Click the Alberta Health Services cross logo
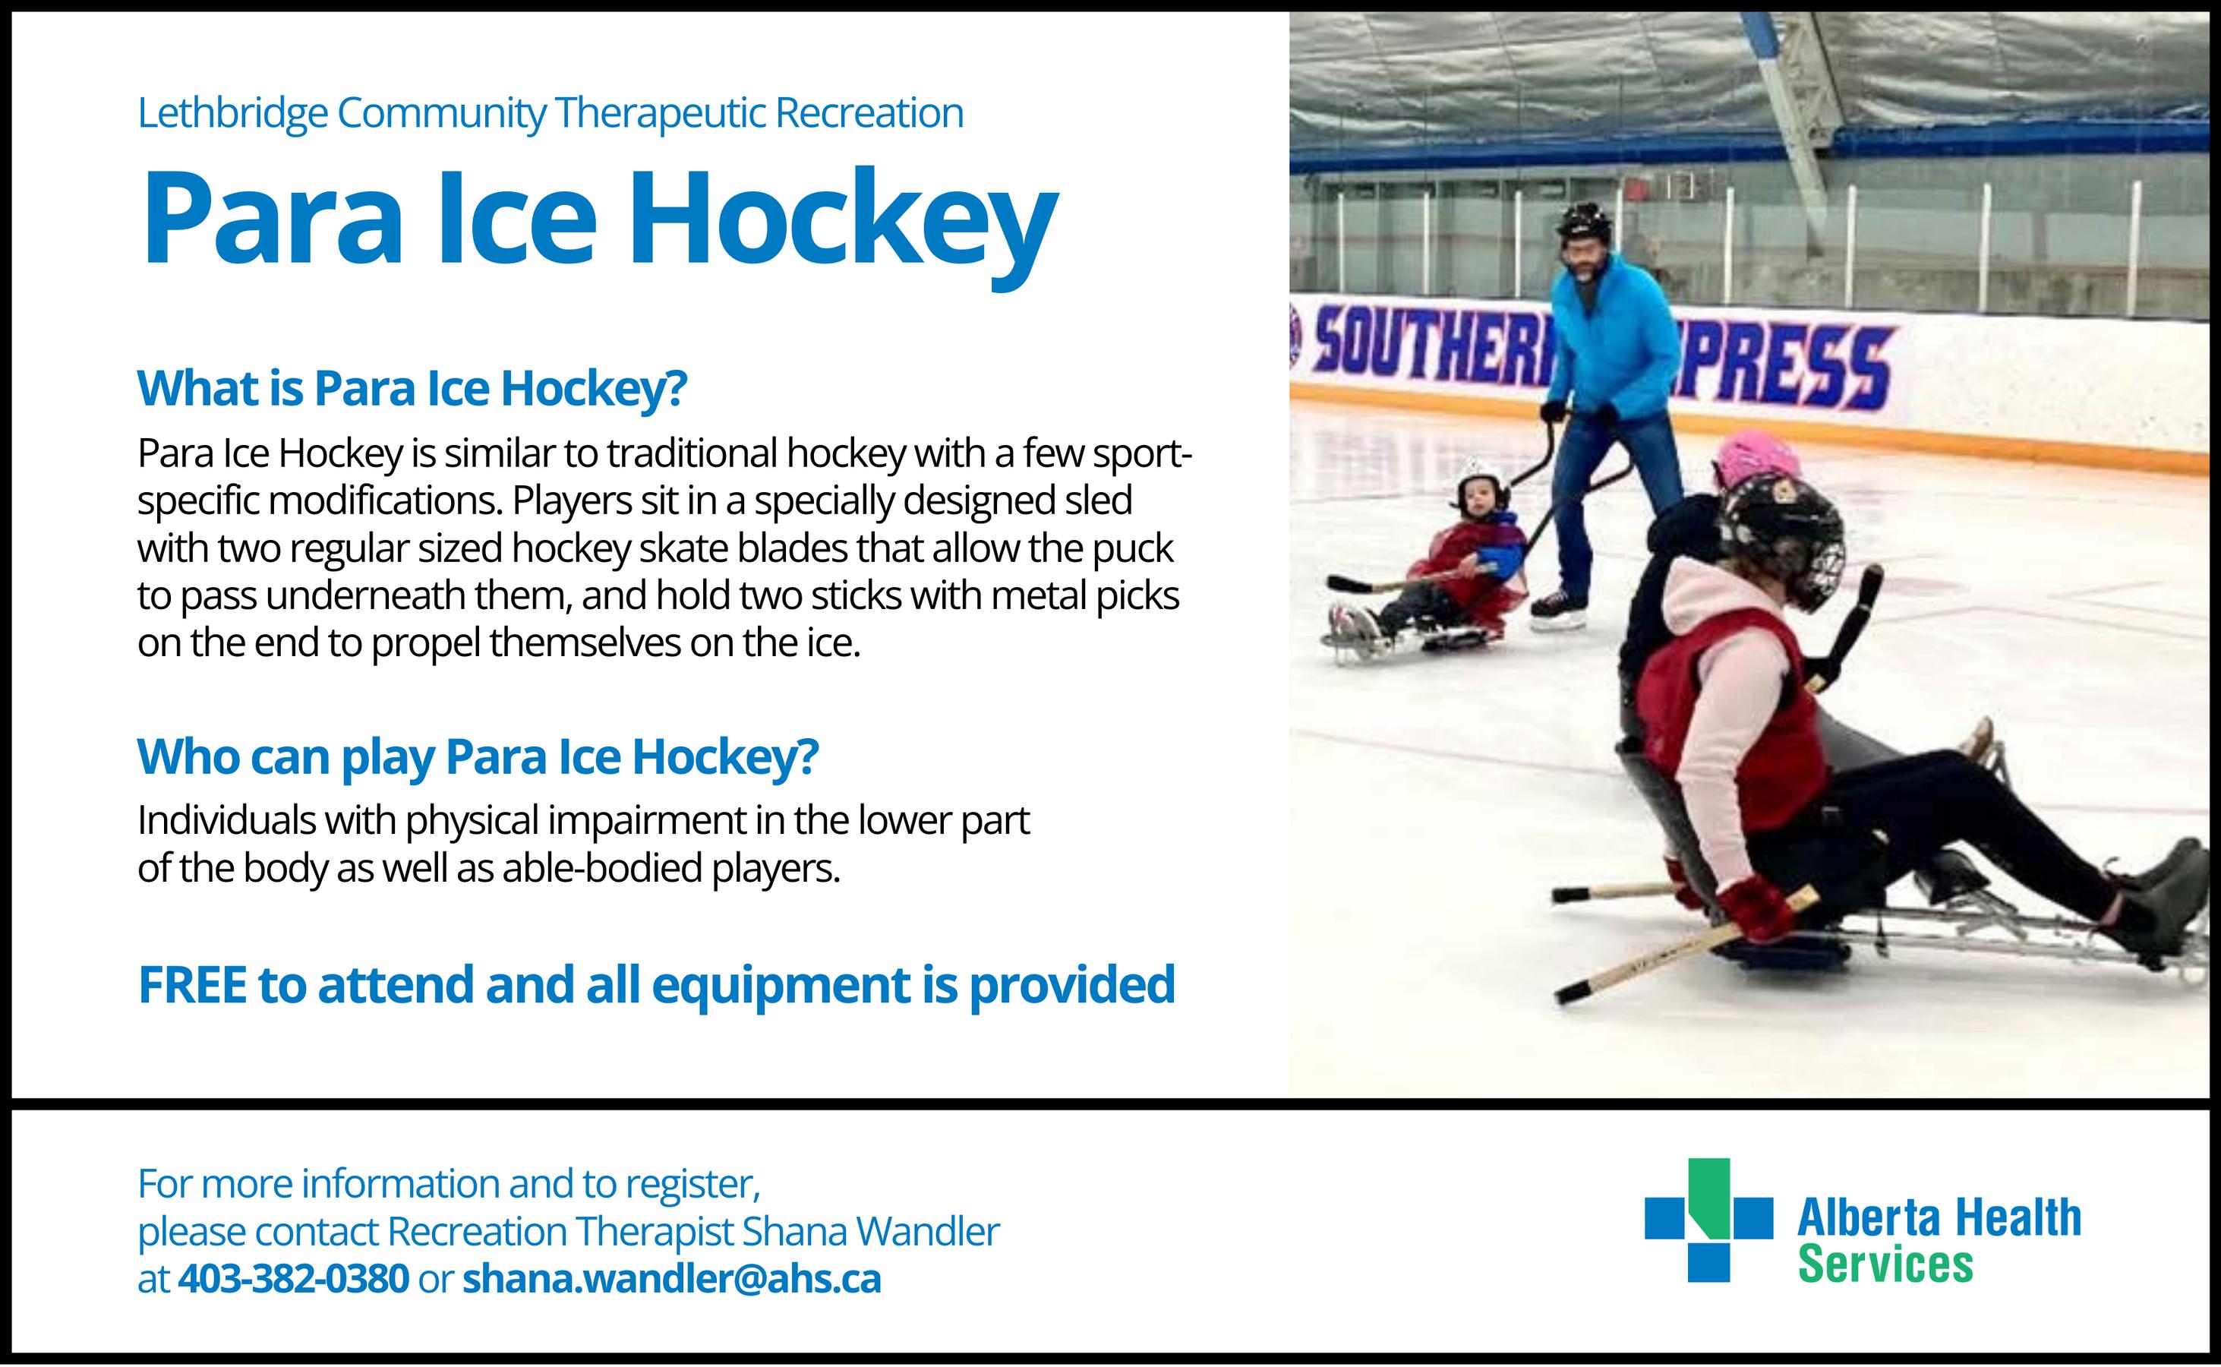click(1708, 1220)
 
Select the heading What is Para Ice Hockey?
click(412, 389)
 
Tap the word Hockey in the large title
click(843, 222)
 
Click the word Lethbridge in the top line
click(232, 114)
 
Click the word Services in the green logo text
click(1885, 1264)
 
